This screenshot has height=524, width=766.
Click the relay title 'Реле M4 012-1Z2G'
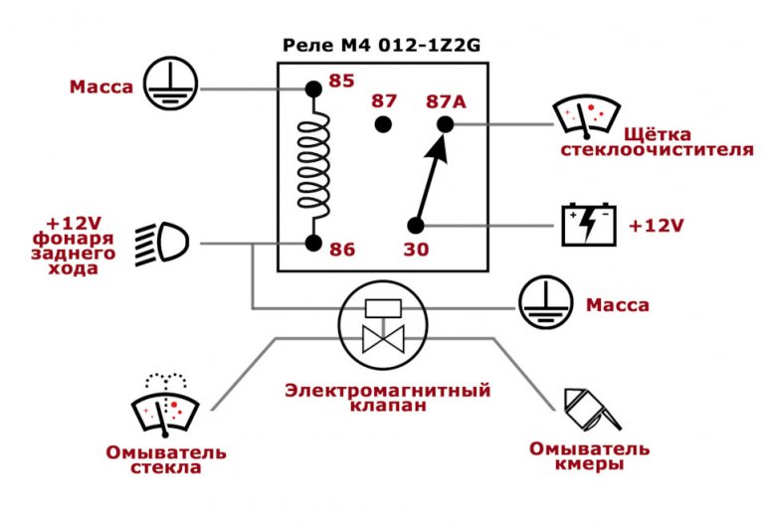tap(382, 46)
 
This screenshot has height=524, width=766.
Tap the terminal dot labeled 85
tap(312, 89)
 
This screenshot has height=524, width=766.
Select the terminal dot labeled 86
tap(312, 243)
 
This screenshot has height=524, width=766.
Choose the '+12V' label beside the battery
tap(656, 226)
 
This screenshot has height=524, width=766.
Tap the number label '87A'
tap(445, 100)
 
